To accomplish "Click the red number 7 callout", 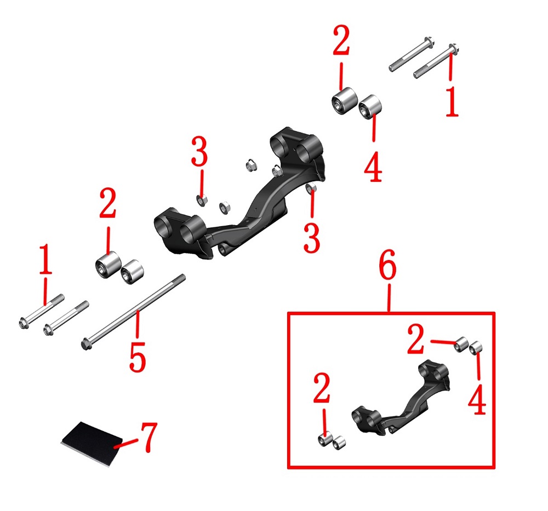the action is (x=149, y=437).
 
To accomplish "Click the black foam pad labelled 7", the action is (x=92, y=443).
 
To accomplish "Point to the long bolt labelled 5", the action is (x=133, y=312).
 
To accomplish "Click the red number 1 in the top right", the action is (x=452, y=101).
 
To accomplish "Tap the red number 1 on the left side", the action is (x=45, y=259).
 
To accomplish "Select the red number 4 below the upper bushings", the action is (x=373, y=166).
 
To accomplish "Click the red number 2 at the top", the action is (x=341, y=40).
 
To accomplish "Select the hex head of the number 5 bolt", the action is (x=86, y=345).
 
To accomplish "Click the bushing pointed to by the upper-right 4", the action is (x=370, y=107).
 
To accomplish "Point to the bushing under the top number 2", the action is (x=345, y=101).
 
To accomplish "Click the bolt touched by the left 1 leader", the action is (x=41, y=311).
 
